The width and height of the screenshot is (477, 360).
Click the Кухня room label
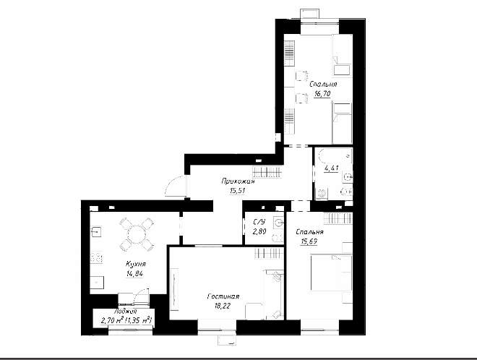point(136,264)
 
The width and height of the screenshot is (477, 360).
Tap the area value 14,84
point(134,273)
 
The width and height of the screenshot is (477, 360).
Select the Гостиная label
point(223,296)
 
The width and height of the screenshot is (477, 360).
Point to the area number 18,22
point(223,306)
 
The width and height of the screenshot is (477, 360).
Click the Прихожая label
point(238,181)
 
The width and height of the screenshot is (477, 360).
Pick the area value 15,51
point(238,191)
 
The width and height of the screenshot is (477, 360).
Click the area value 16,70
point(322,94)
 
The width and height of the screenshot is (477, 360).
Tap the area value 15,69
point(309,241)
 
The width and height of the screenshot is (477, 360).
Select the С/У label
point(259,222)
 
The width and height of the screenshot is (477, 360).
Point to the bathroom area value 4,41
point(331,168)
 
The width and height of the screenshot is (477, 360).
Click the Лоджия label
point(125,312)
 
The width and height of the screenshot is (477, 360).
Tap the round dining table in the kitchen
point(137,234)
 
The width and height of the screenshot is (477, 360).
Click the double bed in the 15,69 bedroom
point(331,273)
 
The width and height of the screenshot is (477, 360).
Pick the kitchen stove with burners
point(96,258)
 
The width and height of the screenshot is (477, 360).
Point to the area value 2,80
point(259,231)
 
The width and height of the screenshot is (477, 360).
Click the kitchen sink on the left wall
point(96,231)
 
